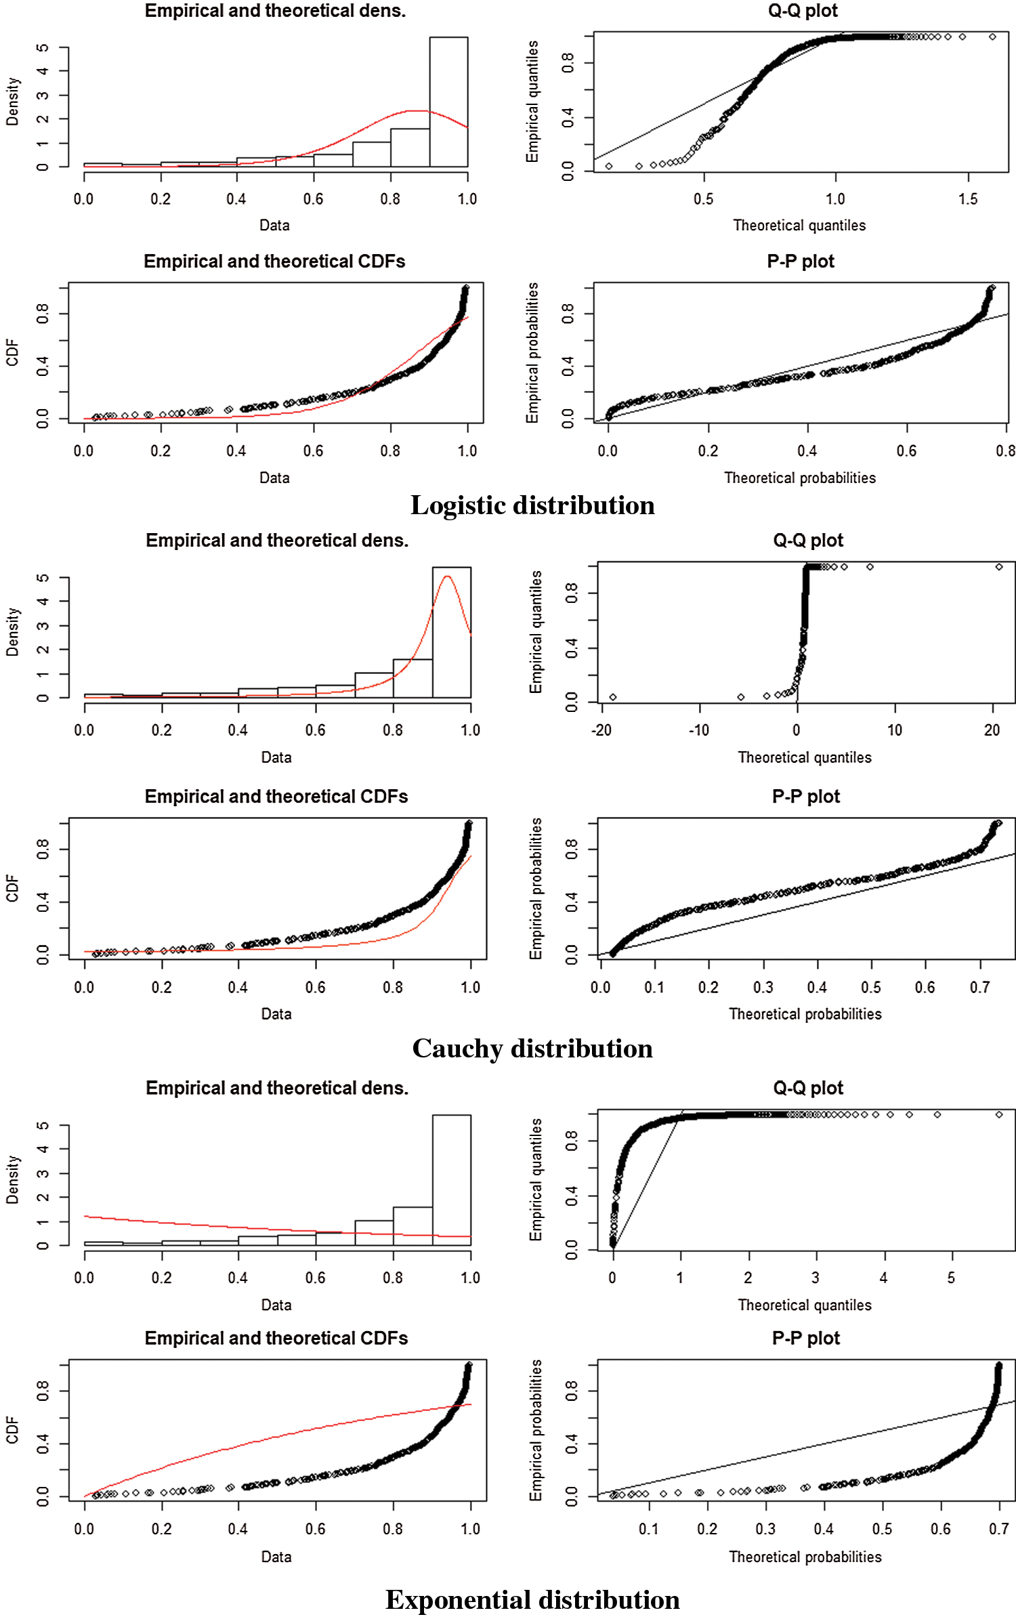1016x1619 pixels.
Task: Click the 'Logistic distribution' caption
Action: click(532, 505)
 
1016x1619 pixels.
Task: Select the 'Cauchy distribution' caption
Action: click(532, 1049)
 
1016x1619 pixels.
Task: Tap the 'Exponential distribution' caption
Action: click(532, 1600)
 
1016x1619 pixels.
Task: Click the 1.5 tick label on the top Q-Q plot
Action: click(968, 198)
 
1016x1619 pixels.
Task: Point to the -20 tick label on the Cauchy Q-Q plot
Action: click(601, 730)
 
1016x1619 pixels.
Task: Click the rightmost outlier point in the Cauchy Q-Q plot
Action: click(999, 566)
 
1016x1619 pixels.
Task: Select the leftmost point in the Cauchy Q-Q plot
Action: click(613, 697)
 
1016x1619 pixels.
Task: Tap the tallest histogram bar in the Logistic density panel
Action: click(448, 102)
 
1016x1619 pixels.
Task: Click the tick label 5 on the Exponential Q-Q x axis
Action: click(951, 1278)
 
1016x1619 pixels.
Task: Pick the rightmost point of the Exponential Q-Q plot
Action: click(999, 1114)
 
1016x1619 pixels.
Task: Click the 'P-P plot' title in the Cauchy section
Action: click(805, 797)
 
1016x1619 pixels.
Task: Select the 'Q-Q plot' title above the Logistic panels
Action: click(803, 11)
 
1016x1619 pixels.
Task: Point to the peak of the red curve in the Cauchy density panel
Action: click(447, 576)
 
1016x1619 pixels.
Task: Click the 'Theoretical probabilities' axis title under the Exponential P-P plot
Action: click(805, 1557)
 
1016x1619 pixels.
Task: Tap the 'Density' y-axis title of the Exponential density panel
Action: click(12, 1180)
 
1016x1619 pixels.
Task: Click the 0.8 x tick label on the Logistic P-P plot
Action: click(1005, 450)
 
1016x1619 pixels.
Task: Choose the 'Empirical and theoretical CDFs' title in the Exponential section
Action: click(276, 1339)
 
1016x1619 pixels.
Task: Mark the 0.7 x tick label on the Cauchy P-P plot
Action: click(979, 987)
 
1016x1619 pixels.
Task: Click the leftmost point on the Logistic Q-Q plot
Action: click(609, 166)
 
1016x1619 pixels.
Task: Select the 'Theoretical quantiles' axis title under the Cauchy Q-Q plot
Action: click(805, 757)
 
